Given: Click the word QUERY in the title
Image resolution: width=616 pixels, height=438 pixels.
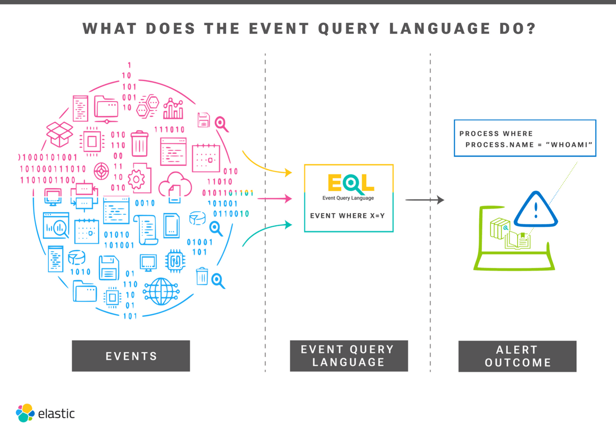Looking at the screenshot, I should point(349,29).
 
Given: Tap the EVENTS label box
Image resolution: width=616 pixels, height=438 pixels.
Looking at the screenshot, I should point(131,356).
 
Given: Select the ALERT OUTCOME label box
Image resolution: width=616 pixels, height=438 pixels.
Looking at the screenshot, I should point(517,356).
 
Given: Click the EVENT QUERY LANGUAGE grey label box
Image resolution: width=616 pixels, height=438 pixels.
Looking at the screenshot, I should point(349,356).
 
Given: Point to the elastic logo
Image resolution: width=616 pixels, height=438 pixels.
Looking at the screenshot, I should point(45,413).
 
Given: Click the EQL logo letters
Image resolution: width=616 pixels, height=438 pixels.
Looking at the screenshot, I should point(351,183).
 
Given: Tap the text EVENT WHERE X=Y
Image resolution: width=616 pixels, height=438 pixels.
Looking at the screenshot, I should point(347,216).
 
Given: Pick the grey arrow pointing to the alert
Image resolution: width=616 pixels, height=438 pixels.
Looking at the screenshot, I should point(424,200).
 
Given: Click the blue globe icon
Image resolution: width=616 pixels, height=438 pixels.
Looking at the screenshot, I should point(161,291).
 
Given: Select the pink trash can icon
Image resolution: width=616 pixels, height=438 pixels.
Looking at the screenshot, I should point(139,144).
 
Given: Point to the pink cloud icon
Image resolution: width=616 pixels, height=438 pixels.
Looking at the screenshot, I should point(175,186).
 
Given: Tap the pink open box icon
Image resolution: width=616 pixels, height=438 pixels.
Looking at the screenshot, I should point(59,133).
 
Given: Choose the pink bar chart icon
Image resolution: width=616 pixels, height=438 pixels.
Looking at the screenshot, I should point(173,109).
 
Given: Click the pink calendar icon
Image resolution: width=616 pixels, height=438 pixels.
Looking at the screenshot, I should point(206,158).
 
